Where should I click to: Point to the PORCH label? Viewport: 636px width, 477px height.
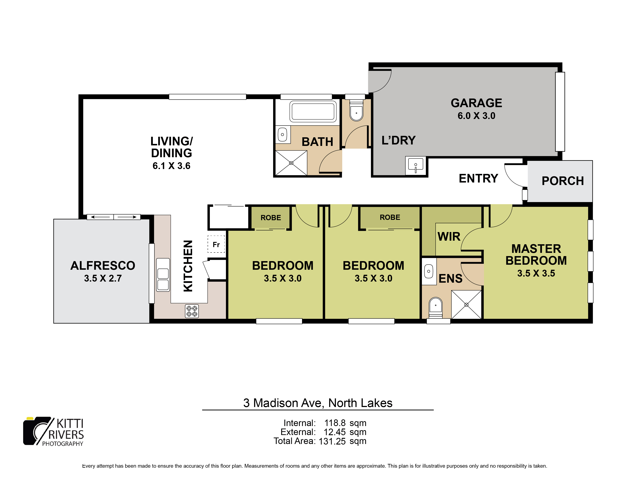(x=563, y=181)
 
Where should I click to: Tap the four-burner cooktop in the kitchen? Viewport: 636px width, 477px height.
(x=192, y=311)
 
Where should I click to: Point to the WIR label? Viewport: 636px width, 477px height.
(x=449, y=237)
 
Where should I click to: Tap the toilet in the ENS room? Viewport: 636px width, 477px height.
(x=436, y=307)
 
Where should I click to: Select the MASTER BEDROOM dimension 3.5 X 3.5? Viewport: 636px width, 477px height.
(x=536, y=273)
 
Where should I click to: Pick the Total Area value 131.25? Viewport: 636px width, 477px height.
(x=332, y=441)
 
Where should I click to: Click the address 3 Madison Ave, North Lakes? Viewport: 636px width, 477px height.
(x=318, y=403)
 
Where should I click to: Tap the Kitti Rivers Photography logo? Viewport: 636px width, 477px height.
(x=53, y=431)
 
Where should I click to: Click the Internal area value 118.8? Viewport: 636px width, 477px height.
(x=335, y=423)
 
